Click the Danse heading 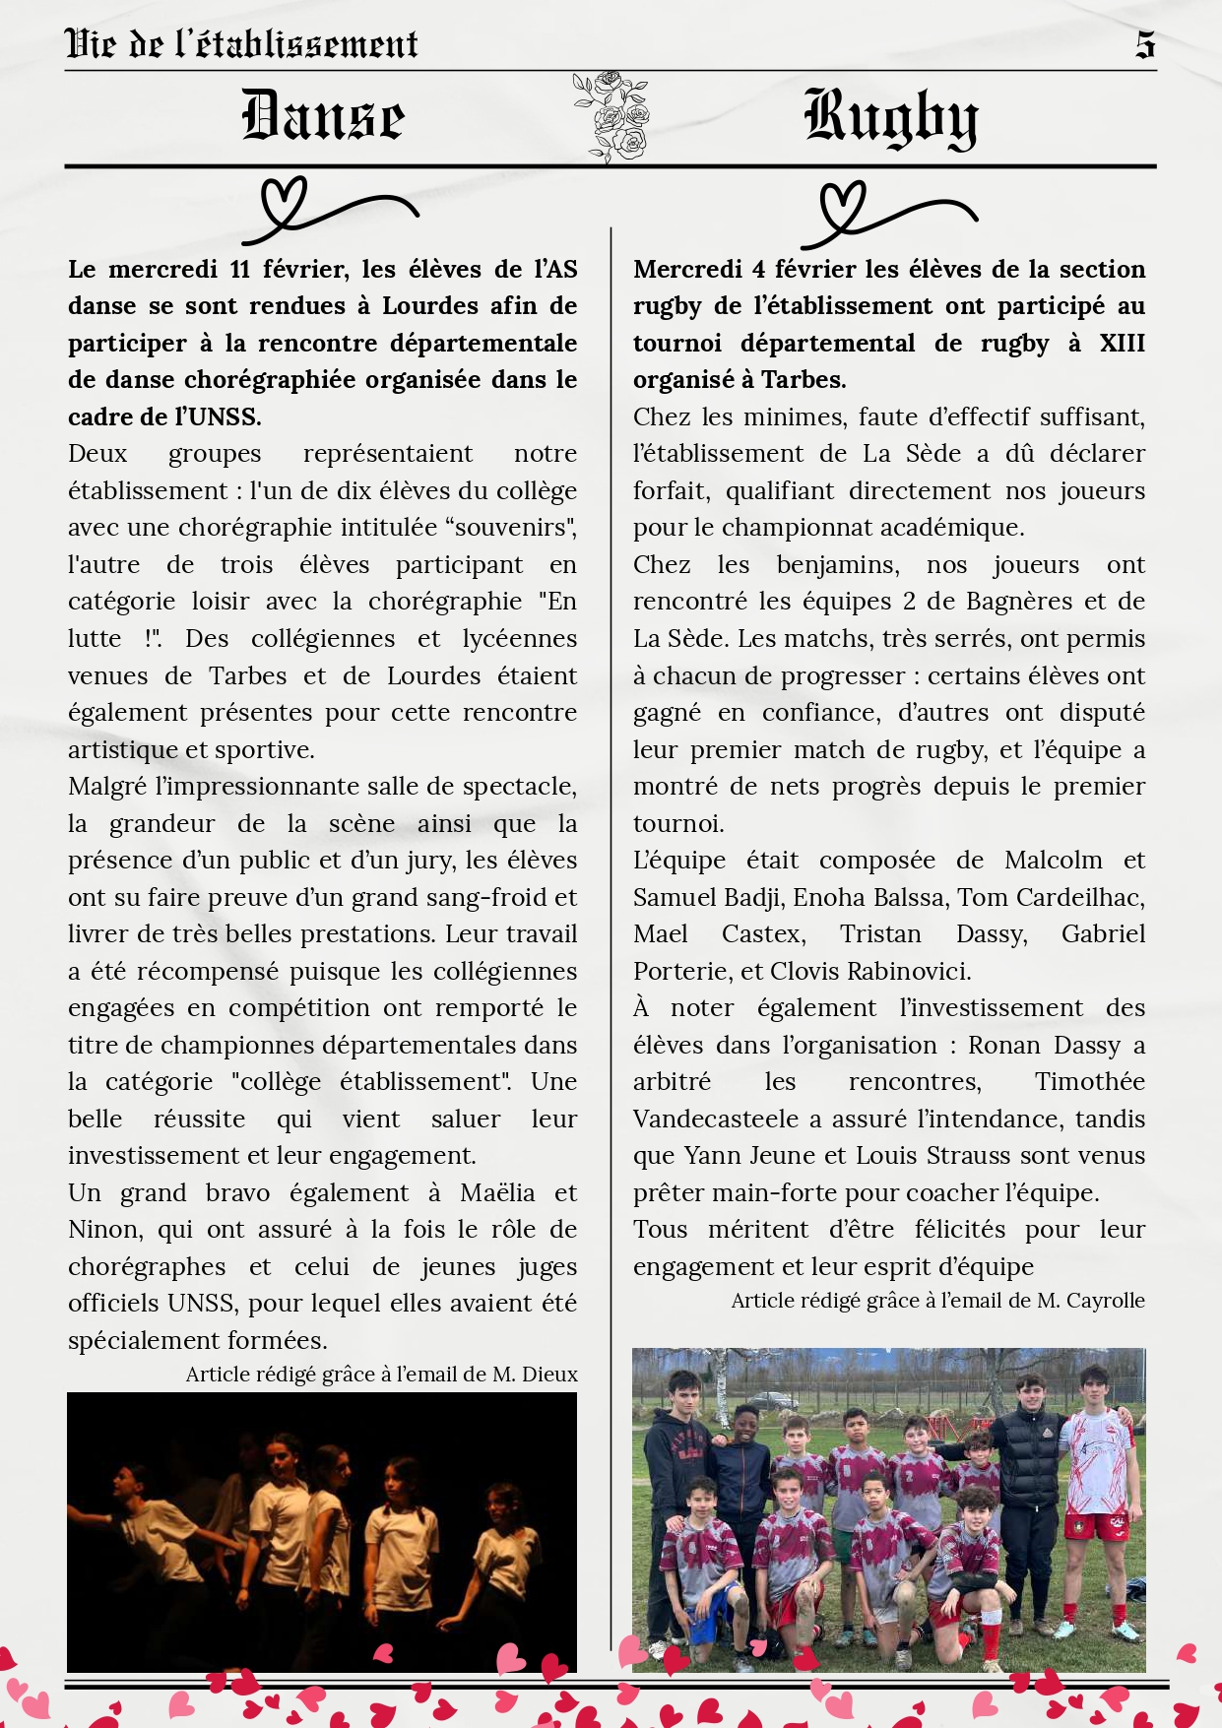(323, 116)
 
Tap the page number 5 (1144, 44)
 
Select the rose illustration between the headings (611, 116)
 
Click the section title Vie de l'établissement (241, 44)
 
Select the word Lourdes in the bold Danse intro (431, 306)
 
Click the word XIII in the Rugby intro (1122, 344)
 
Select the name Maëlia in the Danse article (496, 1193)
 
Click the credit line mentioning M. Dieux (381, 1375)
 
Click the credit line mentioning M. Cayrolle (937, 1301)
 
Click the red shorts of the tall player (1094, 1526)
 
